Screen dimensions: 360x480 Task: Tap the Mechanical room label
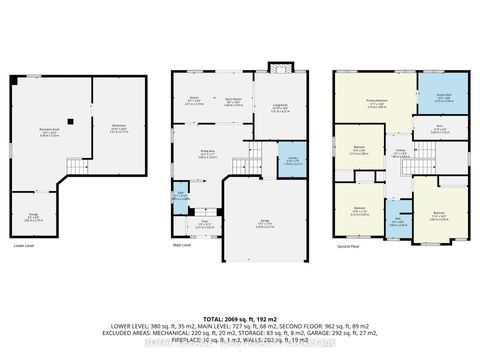point(119,128)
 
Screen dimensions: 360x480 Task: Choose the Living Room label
point(282,110)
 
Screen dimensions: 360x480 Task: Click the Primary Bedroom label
point(377,104)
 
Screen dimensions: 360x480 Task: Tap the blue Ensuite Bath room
point(443,98)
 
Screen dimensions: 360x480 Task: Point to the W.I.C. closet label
point(439,129)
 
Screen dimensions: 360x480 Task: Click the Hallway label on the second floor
point(400,154)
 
